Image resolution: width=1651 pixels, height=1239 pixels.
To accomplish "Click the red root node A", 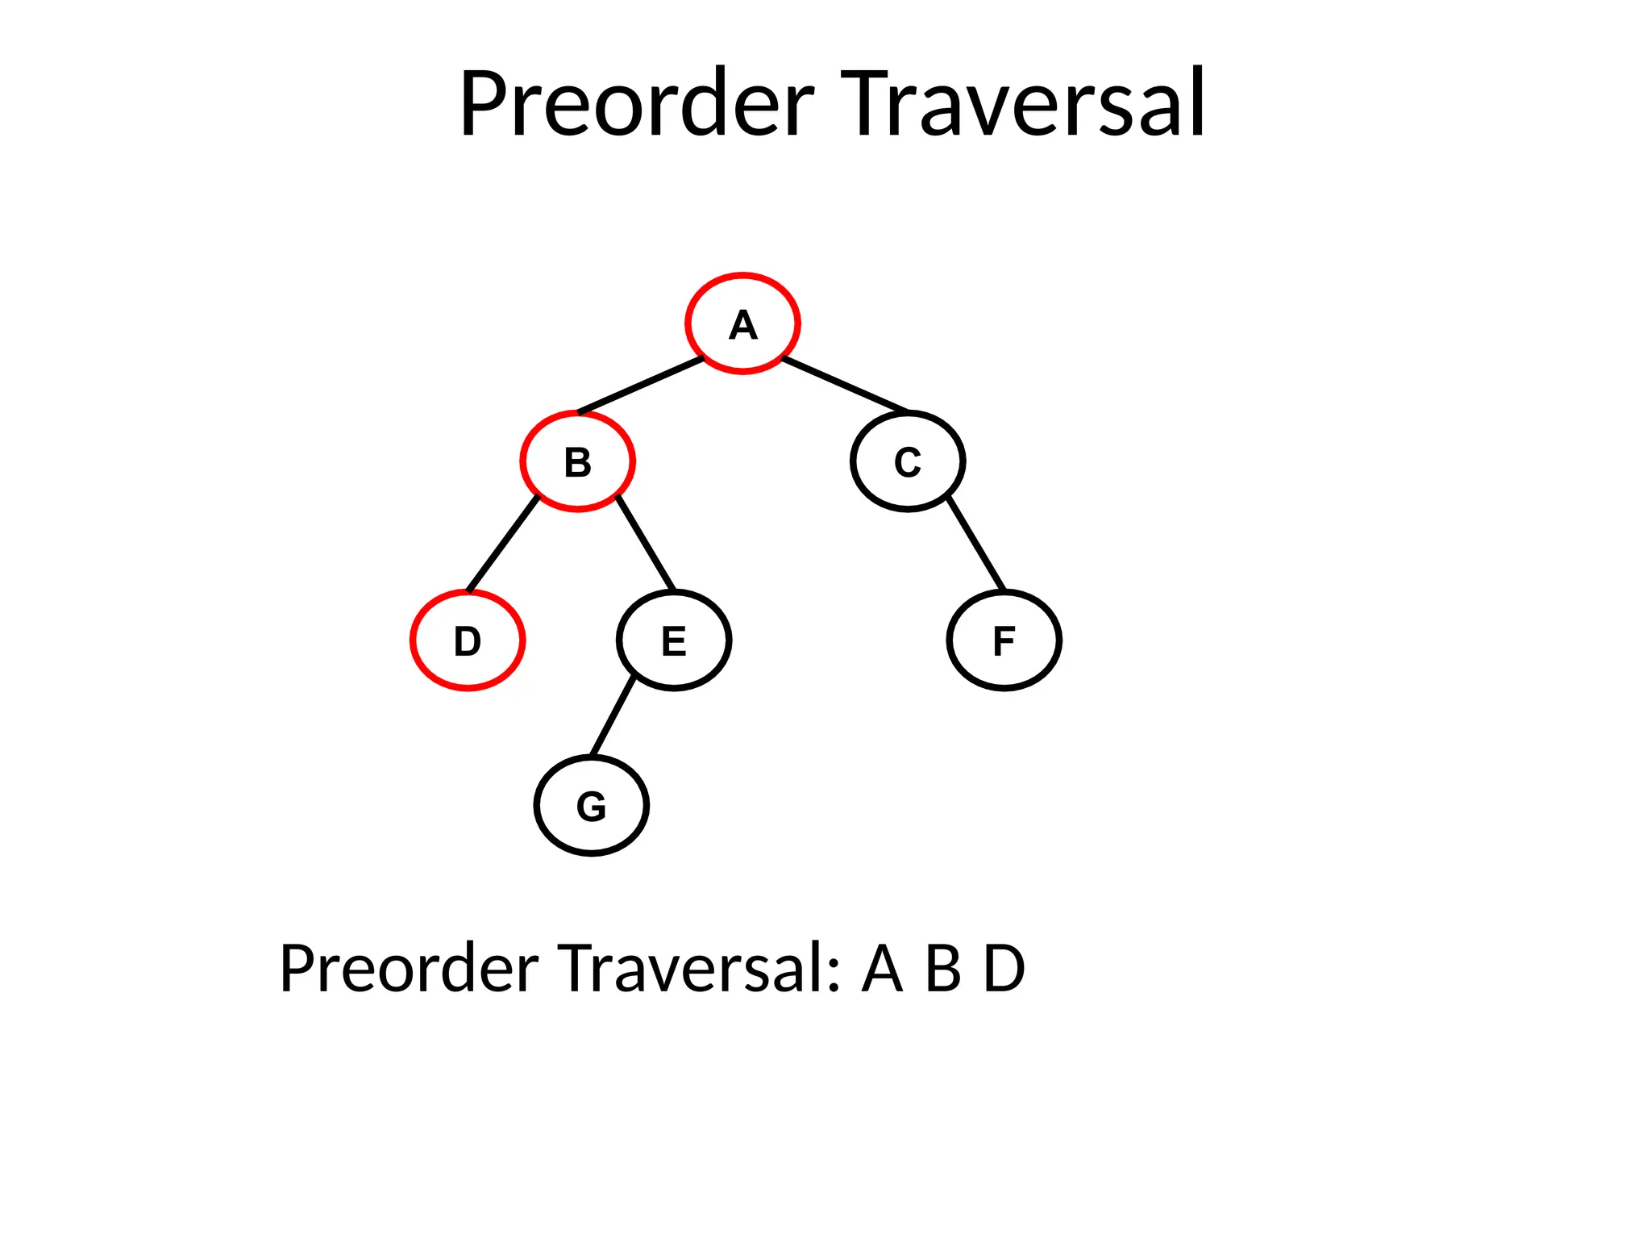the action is tap(742, 323).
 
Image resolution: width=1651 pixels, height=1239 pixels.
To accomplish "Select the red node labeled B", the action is tap(577, 461).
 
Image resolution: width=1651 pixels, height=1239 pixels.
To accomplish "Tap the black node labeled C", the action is tap(908, 461).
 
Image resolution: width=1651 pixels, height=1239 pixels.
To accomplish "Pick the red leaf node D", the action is tap(468, 640).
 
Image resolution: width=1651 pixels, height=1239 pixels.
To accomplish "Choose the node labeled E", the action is tap(674, 640).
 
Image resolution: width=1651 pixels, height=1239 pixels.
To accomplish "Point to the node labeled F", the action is tap(1004, 640).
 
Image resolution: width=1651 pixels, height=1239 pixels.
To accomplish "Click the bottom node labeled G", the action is tap(591, 806).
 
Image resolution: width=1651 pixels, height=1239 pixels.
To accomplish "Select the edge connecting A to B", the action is tap(641, 386).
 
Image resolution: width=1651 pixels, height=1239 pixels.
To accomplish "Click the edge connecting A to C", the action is tap(845, 385).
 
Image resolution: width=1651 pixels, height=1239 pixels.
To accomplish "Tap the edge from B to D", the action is tap(503, 544).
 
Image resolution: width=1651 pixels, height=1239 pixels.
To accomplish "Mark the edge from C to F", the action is tap(976, 544).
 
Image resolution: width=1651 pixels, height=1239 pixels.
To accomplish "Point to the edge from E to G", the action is tap(613, 718).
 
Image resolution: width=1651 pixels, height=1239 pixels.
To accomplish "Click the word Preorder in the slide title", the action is tap(637, 105).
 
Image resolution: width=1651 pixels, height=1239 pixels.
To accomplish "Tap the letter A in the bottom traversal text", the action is tap(882, 968).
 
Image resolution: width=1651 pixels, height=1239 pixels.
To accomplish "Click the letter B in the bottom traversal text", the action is tap(943, 968).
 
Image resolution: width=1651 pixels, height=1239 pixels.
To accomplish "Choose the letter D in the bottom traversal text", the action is tap(1004, 968).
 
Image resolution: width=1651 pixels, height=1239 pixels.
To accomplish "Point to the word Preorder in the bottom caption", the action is tap(409, 968).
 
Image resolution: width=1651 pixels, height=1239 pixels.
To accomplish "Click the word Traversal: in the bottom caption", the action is tap(700, 968).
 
